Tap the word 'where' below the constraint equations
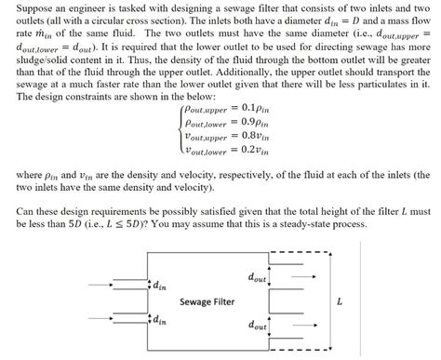coord(19,174)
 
